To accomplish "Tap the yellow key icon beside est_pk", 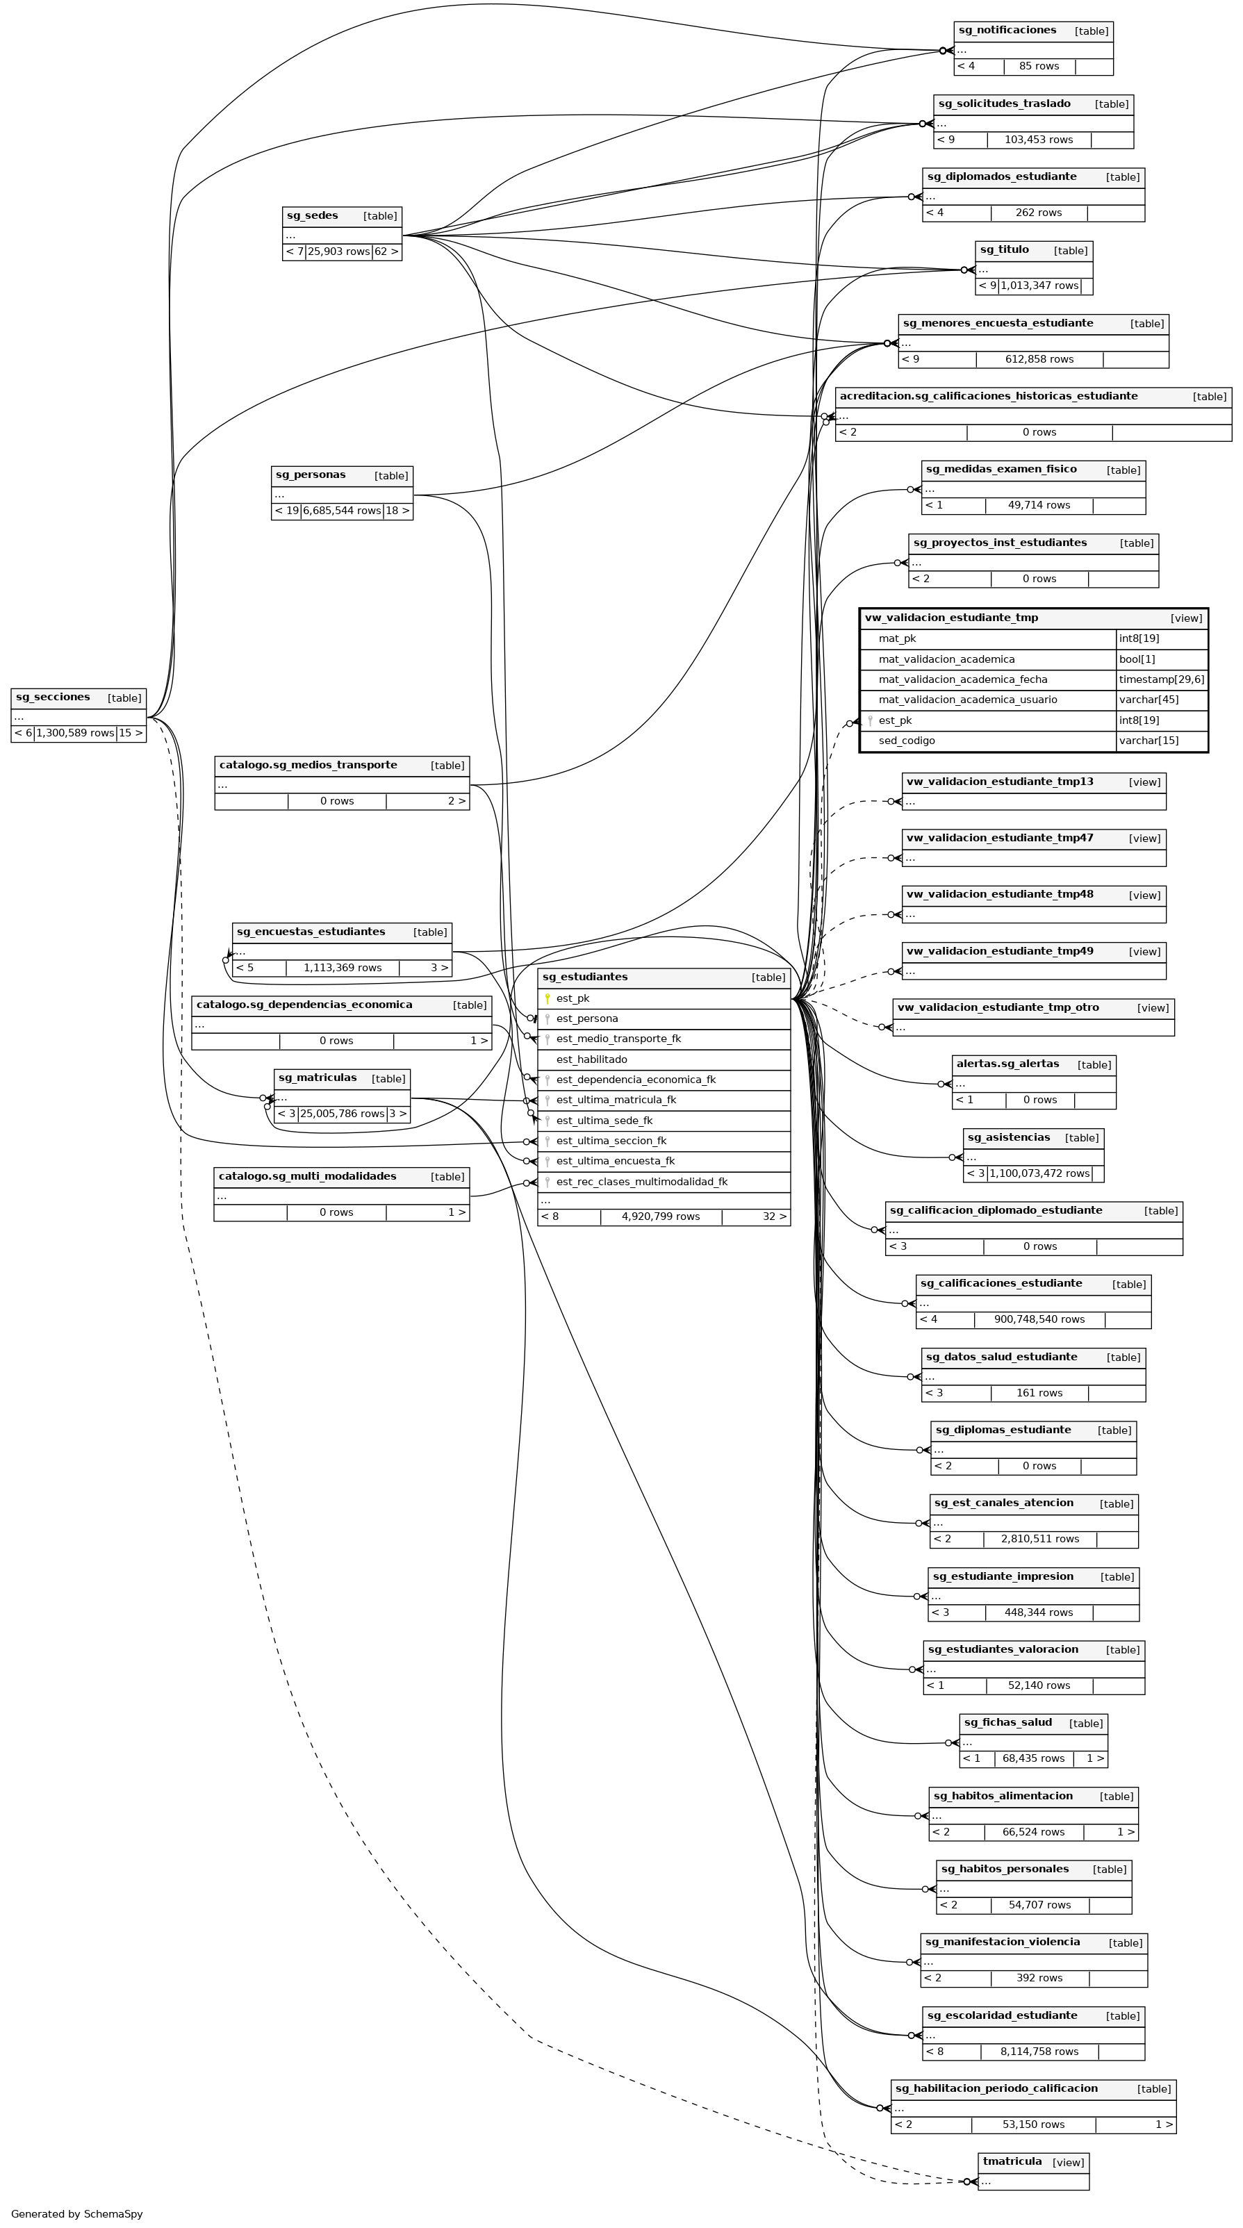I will point(547,998).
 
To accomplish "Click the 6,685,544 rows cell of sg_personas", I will point(342,511).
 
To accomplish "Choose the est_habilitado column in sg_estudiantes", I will point(592,1059).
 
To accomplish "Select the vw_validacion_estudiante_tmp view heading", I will point(951,618).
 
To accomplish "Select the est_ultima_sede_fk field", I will point(604,1121).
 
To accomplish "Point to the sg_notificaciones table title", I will point(1007,31).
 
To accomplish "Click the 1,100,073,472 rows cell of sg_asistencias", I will point(1039,1173).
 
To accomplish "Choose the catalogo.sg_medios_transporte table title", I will point(308,766).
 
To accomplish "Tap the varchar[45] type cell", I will point(1149,700).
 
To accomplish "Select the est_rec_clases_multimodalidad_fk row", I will point(642,1182).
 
